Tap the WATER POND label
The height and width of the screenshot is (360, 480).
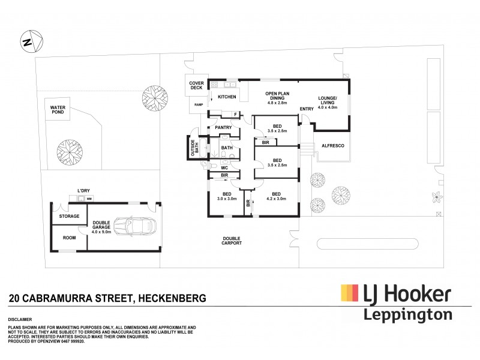point(59,111)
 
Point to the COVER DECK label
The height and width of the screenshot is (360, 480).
point(197,86)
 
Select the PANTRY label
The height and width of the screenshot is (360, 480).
point(223,128)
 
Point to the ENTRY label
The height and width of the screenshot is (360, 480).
point(307,109)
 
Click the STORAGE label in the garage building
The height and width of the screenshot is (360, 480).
point(69,215)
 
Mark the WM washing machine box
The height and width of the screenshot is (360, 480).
point(88,199)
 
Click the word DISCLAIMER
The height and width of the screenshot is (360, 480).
point(20,320)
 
